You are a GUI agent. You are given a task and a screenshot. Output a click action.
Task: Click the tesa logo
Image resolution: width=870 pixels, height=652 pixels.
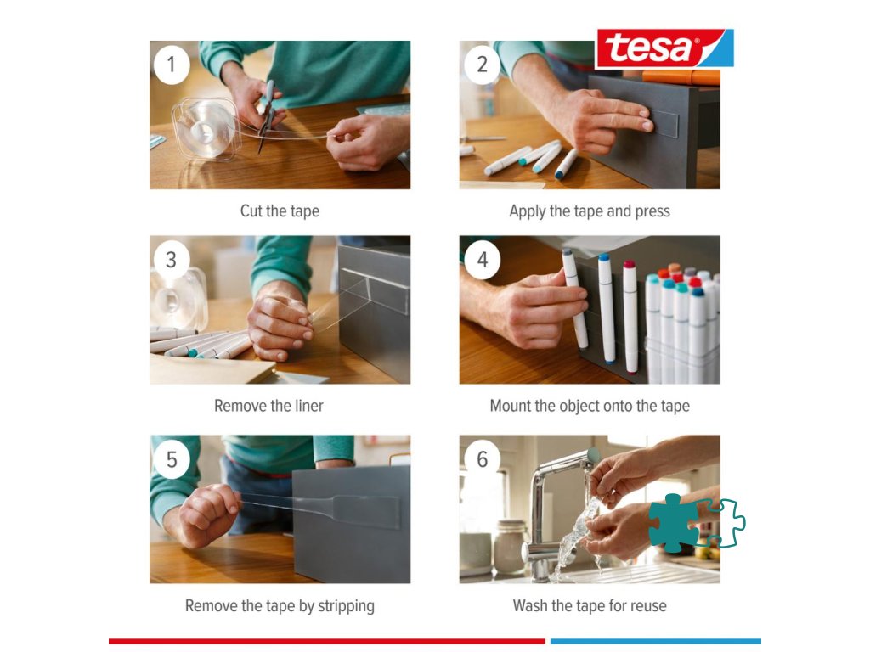tap(664, 48)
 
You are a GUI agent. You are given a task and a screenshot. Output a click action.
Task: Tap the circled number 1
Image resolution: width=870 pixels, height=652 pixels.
tap(172, 65)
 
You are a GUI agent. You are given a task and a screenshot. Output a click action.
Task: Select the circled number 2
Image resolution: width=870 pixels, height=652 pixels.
tap(482, 65)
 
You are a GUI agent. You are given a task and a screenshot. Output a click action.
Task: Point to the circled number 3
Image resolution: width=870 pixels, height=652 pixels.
tap(172, 260)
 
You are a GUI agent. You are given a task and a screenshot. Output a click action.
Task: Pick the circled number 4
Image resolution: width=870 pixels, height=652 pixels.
tap(482, 260)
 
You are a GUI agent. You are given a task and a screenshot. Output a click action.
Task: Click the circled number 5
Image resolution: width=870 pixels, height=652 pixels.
tap(172, 459)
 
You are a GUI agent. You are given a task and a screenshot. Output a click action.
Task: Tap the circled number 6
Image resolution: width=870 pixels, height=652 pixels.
tap(482, 459)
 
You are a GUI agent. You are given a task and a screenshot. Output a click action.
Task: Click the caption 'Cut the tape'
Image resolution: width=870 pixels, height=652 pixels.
tap(280, 211)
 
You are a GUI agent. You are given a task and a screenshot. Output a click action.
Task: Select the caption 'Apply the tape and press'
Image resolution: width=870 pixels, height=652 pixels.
tap(590, 211)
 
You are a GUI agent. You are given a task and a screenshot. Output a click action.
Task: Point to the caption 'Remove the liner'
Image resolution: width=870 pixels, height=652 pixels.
tap(268, 406)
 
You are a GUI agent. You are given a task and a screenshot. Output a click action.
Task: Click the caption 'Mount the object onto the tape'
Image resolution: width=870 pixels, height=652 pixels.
tap(590, 407)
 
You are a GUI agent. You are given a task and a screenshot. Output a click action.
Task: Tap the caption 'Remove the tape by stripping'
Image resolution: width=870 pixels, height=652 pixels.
tap(280, 606)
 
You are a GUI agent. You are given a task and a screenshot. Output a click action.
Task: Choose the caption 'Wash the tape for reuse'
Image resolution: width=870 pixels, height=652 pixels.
tap(590, 606)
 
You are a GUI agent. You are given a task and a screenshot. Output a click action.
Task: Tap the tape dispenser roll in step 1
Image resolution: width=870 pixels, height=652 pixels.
tap(206, 130)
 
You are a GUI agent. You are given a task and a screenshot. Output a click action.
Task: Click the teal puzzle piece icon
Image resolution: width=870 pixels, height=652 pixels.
tap(673, 523)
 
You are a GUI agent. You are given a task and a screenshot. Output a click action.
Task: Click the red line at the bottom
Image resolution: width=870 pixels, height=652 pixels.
tap(327, 642)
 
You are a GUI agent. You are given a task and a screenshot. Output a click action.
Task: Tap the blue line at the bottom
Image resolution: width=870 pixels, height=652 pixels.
tap(656, 642)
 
